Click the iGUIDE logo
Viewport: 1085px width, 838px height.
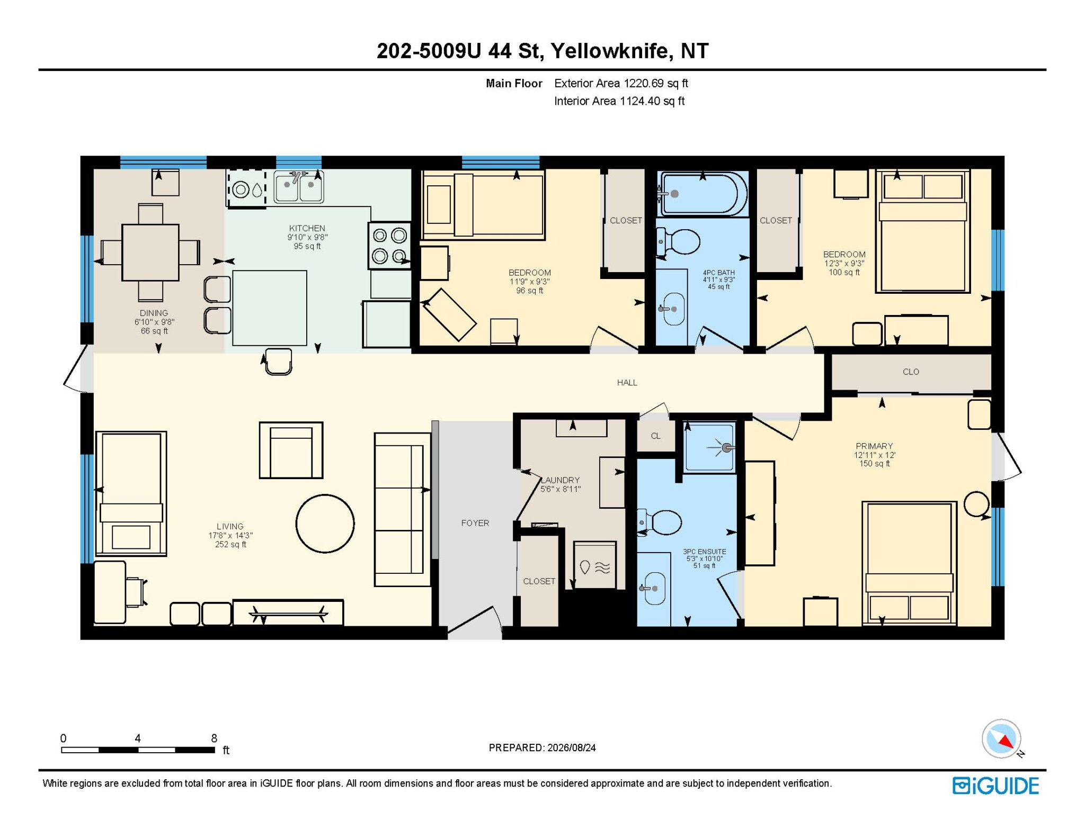[995, 786]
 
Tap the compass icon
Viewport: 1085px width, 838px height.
[1002, 738]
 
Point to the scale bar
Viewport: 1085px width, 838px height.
[138, 750]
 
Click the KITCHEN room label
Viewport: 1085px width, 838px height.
[307, 228]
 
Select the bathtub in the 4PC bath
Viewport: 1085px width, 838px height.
[702, 193]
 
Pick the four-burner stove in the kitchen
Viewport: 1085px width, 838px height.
[390, 245]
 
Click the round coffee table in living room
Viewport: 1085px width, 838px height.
[325, 524]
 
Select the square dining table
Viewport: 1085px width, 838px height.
[150, 253]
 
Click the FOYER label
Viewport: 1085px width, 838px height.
[475, 523]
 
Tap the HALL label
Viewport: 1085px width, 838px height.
[627, 382]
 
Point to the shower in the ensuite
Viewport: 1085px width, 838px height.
[709, 447]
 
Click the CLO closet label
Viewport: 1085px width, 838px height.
[911, 372]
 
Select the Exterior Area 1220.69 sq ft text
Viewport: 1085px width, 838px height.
[621, 83]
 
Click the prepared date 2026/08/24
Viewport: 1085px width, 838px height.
[572, 747]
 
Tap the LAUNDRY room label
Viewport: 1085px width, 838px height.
[560, 480]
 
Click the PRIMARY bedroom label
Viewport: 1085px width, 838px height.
[874, 446]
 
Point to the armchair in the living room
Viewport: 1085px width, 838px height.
[291, 450]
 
